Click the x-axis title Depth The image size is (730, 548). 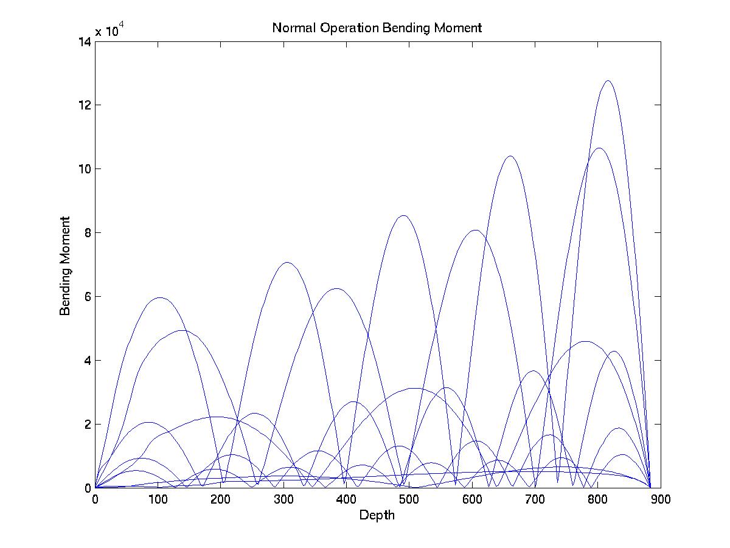point(377,516)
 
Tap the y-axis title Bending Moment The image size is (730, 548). point(65,266)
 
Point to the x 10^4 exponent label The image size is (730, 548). point(110,31)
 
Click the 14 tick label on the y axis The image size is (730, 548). point(84,41)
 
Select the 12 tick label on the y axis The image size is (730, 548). point(84,105)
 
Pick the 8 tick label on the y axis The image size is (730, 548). point(87,233)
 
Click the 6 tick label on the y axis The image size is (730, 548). point(87,297)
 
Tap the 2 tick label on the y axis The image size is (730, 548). point(87,424)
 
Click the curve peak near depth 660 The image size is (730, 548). point(510,156)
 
